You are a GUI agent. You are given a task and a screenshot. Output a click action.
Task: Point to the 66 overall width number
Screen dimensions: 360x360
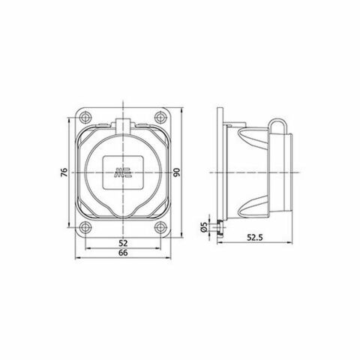123,254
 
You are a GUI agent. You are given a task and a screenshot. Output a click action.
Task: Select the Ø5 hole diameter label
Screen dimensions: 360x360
204,226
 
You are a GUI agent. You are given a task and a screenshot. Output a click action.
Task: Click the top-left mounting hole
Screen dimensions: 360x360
84,118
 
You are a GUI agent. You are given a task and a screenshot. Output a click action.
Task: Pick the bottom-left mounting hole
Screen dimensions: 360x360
84,227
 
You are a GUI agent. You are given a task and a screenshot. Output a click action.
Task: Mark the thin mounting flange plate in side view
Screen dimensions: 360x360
220,172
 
